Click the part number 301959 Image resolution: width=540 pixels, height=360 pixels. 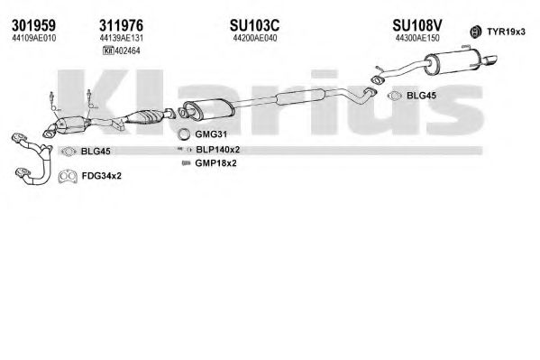(33, 25)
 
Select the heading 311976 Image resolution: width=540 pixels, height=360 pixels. (121, 25)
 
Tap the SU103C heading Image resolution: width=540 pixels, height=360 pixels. (254, 25)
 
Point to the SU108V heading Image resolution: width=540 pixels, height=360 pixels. (417, 25)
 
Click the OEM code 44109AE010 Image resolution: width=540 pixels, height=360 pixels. (33, 38)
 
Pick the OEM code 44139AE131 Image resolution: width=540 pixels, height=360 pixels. (121, 38)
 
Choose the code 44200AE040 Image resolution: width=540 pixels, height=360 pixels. (255, 38)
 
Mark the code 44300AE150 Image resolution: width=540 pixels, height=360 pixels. (417, 38)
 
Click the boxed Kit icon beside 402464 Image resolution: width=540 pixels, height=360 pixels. (108, 51)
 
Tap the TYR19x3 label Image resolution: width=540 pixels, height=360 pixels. (506, 32)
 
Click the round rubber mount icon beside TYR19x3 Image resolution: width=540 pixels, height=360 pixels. (476, 32)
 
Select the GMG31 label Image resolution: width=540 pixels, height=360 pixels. (211, 134)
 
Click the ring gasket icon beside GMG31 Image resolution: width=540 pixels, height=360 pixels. (184, 134)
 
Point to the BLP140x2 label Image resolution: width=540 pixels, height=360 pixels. (217, 150)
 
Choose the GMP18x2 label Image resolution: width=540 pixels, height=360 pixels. (215, 162)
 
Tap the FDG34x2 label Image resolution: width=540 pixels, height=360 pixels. (102, 176)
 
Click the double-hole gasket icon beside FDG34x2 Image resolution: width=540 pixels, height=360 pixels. (68, 176)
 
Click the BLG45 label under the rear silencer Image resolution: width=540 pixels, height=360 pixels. (421, 96)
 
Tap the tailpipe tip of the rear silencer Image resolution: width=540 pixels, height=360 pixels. (490, 60)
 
